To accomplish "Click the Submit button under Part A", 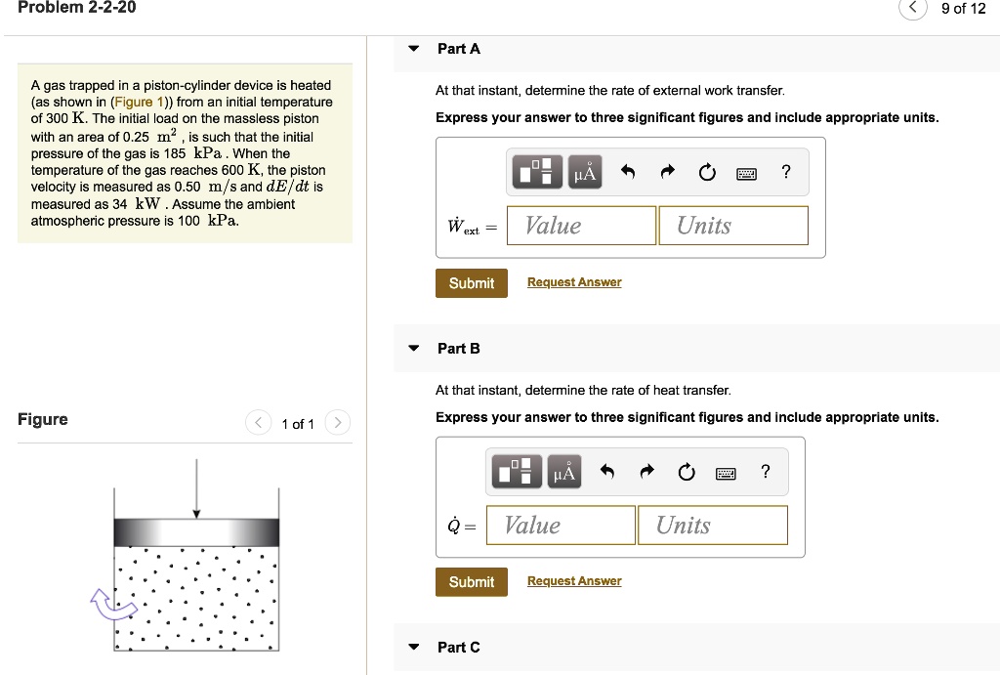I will coord(471,283).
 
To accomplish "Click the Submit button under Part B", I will coord(471,582).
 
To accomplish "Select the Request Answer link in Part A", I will coord(574,282).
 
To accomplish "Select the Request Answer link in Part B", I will coord(574,581).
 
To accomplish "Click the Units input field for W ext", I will coord(732,226).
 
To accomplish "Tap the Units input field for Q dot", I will coord(712,526).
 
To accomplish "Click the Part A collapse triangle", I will coord(414,49).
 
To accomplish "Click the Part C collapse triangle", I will coord(414,648).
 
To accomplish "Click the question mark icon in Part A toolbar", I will coord(786,173).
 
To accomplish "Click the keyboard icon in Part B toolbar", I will coord(726,474).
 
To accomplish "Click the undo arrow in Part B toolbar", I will coord(607,474).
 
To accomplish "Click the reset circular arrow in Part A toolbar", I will coord(706,174).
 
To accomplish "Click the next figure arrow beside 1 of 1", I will coord(336,423).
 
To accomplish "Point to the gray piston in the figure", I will coord(196,531).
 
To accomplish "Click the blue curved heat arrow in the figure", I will coord(110,605).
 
